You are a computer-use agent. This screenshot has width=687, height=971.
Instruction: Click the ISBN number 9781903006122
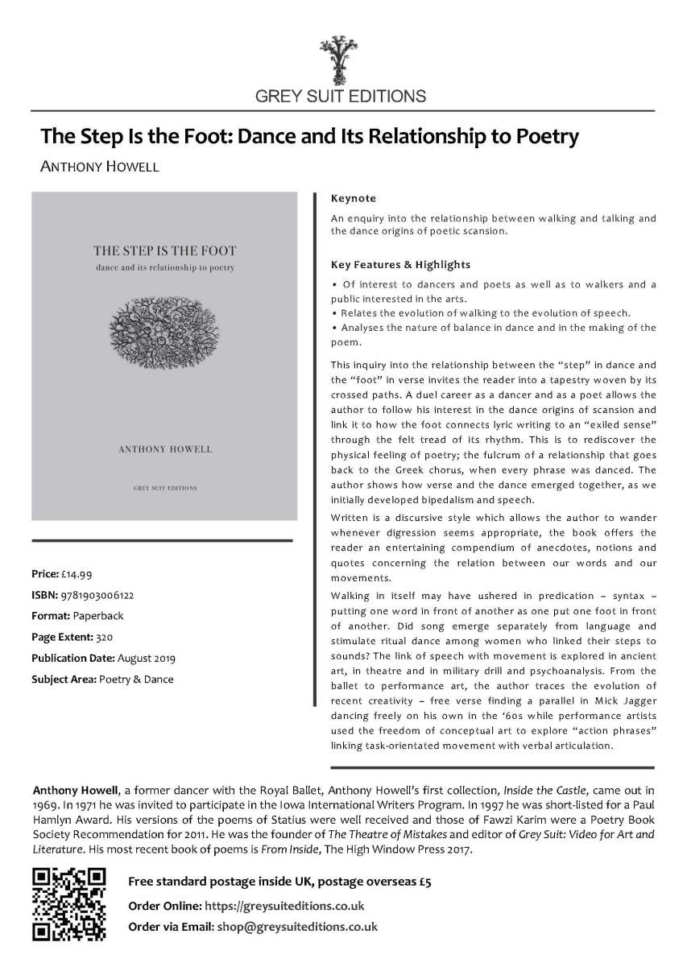pos(97,595)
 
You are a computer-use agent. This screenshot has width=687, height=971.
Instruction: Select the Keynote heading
pos(353,198)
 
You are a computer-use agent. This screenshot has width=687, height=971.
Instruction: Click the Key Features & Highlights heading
pos(400,264)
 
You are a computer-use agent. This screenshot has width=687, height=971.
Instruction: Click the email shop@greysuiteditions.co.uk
pos(297,927)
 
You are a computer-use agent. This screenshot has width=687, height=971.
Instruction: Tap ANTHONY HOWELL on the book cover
pos(164,448)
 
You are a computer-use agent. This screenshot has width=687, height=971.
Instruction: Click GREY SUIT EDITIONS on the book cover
pos(164,488)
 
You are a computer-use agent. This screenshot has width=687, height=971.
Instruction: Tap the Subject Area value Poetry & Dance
pos(136,679)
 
